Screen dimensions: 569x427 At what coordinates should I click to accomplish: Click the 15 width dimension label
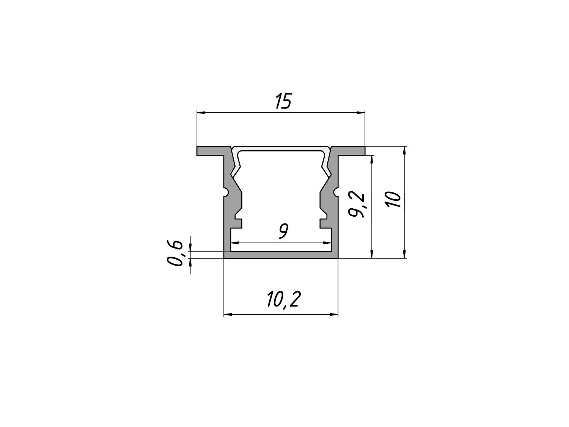pyautogui.click(x=283, y=101)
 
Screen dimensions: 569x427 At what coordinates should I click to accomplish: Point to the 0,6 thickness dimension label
pyautogui.click(x=175, y=253)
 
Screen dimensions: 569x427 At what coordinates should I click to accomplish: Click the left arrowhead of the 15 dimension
pyautogui.click(x=201, y=112)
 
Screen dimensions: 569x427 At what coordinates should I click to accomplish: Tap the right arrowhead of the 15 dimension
pyautogui.click(x=361, y=112)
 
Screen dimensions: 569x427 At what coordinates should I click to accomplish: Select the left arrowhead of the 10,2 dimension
pyautogui.click(x=228, y=315)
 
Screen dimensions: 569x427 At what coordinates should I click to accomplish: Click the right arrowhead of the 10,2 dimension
pyautogui.click(x=334, y=315)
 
